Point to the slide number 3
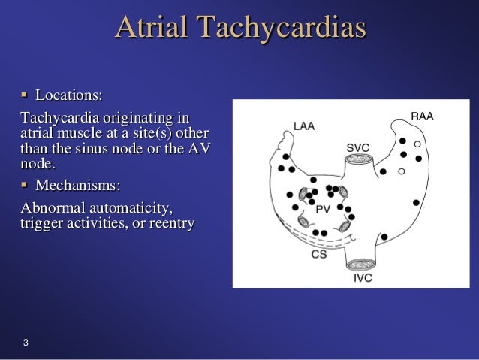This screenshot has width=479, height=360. [26, 344]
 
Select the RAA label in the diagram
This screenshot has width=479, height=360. [422, 116]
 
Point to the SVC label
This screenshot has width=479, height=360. [357, 147]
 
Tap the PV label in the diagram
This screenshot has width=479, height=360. [322, 210]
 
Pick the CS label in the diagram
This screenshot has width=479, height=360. [318, 255]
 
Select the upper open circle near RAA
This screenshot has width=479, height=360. [417, 143]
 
